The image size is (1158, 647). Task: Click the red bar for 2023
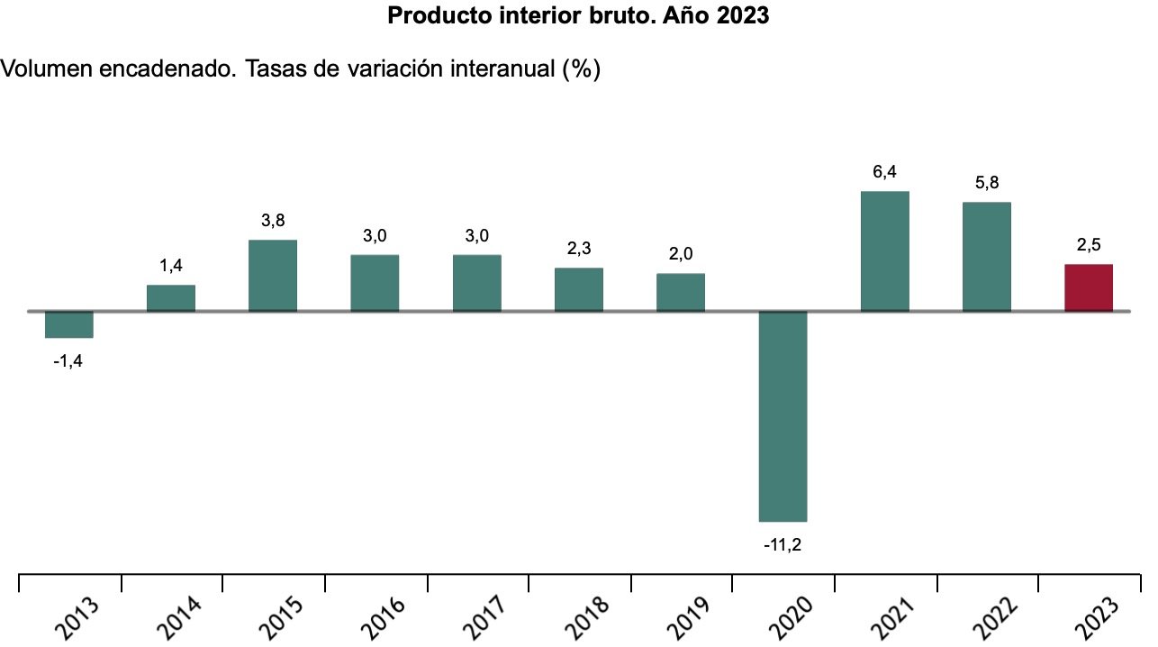tap(1089, 287)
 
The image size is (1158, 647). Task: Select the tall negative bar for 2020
tap(783, 415)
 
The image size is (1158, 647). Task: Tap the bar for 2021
tap(885, 251)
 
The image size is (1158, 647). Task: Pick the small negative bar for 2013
tap(69, 324)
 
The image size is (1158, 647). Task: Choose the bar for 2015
tap(273, 275)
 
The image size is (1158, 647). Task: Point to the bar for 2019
tap(681, 292)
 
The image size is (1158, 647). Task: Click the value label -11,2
tap(783, 544)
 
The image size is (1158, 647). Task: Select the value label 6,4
tap(885, 172)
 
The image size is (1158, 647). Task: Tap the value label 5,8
tap(987, 183)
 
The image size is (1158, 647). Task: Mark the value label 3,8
tap(273, 221)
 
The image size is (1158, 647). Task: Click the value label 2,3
tap(579, 249)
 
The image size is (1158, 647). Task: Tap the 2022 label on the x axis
tap(990, 617)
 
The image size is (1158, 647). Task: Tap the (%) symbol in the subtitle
tap(581, 69)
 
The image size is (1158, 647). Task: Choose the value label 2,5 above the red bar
tap(1089, 244)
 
